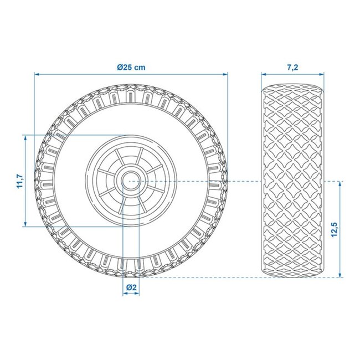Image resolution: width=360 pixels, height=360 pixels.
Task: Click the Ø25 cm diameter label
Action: click(131, 67)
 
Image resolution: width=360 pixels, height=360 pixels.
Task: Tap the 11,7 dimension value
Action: click(18, 181)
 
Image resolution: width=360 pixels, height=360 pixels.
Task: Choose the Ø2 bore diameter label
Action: click(131, 287)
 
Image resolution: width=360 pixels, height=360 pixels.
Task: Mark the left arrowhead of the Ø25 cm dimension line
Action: click(37, 74)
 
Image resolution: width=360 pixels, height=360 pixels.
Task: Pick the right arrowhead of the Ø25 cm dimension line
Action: click(225, 74)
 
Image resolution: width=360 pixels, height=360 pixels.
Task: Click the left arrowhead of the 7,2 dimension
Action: click(264, 74)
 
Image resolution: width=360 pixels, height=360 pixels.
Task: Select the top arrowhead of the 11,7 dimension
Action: click(25, 137)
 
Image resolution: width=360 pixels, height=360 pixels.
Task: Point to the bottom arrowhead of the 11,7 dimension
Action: click(25, 223)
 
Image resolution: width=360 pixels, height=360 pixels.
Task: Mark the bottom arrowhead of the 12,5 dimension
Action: click(339, 274)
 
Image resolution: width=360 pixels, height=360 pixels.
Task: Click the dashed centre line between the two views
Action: click(244, 181)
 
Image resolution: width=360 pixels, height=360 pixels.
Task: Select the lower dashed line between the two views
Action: click(244, 277)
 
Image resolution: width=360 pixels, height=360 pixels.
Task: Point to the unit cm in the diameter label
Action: click(141, 67)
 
